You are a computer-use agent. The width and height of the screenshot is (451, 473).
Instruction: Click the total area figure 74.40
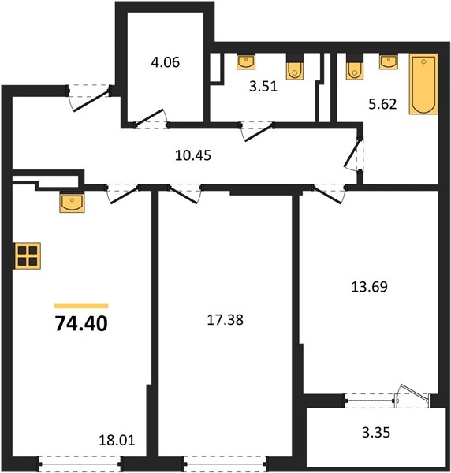click(81, 324)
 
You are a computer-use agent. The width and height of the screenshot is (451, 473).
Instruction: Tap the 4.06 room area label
click(166, 62)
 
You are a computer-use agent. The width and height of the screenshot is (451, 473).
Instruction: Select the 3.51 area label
click(263, 87)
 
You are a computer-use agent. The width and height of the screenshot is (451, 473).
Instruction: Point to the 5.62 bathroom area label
click(382, 104)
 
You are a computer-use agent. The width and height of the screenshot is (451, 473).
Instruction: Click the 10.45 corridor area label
click(193, 155)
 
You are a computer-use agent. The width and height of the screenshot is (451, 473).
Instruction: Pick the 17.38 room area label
click(225, 320)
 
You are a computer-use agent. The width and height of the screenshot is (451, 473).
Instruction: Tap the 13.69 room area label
click(369, 287)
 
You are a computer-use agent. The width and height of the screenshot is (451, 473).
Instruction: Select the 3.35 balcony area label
click(376, 432)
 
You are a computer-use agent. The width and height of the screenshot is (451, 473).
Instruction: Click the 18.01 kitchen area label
click(117, 441)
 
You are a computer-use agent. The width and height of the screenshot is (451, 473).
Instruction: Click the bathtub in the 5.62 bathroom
click(423, 84)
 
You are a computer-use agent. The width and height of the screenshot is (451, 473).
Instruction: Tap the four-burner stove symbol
click(28, 255)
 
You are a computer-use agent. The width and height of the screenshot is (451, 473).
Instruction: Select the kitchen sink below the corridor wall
click(72, 203)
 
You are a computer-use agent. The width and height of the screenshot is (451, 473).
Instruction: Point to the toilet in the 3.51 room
click(295, 67)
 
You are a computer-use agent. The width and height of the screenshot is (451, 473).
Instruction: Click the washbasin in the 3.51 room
click(246, 61)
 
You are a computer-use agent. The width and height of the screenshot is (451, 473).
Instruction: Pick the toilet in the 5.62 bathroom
click(355, 67)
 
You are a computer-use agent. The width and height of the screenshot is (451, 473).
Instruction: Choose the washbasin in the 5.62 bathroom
click(388, 61)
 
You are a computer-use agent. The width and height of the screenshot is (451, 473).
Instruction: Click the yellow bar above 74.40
click(81, 306)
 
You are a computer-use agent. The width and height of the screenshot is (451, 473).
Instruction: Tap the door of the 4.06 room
click(150, 117)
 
